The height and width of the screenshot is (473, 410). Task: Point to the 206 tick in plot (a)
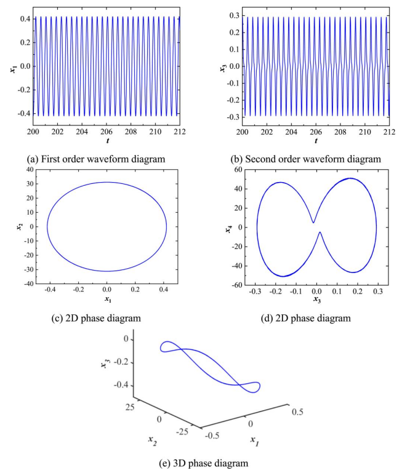(107, 132)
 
